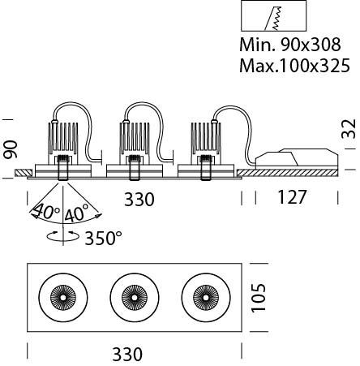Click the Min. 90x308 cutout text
290,45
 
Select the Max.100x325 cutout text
294,66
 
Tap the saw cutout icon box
274,16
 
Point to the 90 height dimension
11,149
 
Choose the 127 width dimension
292,197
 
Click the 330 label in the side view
139,200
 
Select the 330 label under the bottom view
127,355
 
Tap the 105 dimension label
259,298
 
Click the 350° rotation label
104,238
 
